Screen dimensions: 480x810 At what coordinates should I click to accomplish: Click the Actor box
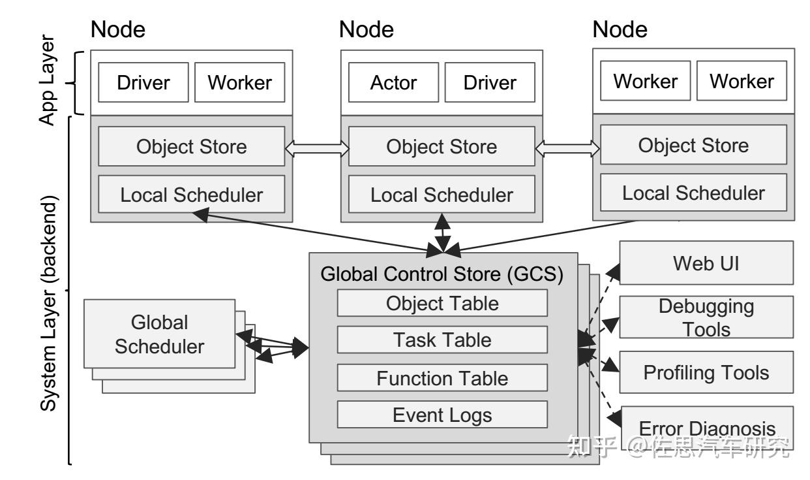[394, 83]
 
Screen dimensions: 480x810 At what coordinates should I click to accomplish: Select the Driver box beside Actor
[490, 83]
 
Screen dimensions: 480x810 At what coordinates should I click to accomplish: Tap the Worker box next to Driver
[239, 83]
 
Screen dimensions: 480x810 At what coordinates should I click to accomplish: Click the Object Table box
[442, 303]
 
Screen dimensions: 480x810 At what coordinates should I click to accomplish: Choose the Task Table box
[442, 340]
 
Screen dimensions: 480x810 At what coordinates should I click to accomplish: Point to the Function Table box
[442, 377]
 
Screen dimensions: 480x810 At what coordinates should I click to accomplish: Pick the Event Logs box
[442, 415]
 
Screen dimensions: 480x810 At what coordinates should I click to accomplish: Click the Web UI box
[706, 263]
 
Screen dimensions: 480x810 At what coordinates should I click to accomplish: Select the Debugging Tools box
[706, 317]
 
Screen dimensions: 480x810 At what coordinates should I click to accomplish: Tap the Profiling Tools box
[706, 372]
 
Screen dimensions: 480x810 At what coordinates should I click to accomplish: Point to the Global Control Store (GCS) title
[442, 273]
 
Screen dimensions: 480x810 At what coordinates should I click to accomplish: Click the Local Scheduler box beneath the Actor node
[442, 195]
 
